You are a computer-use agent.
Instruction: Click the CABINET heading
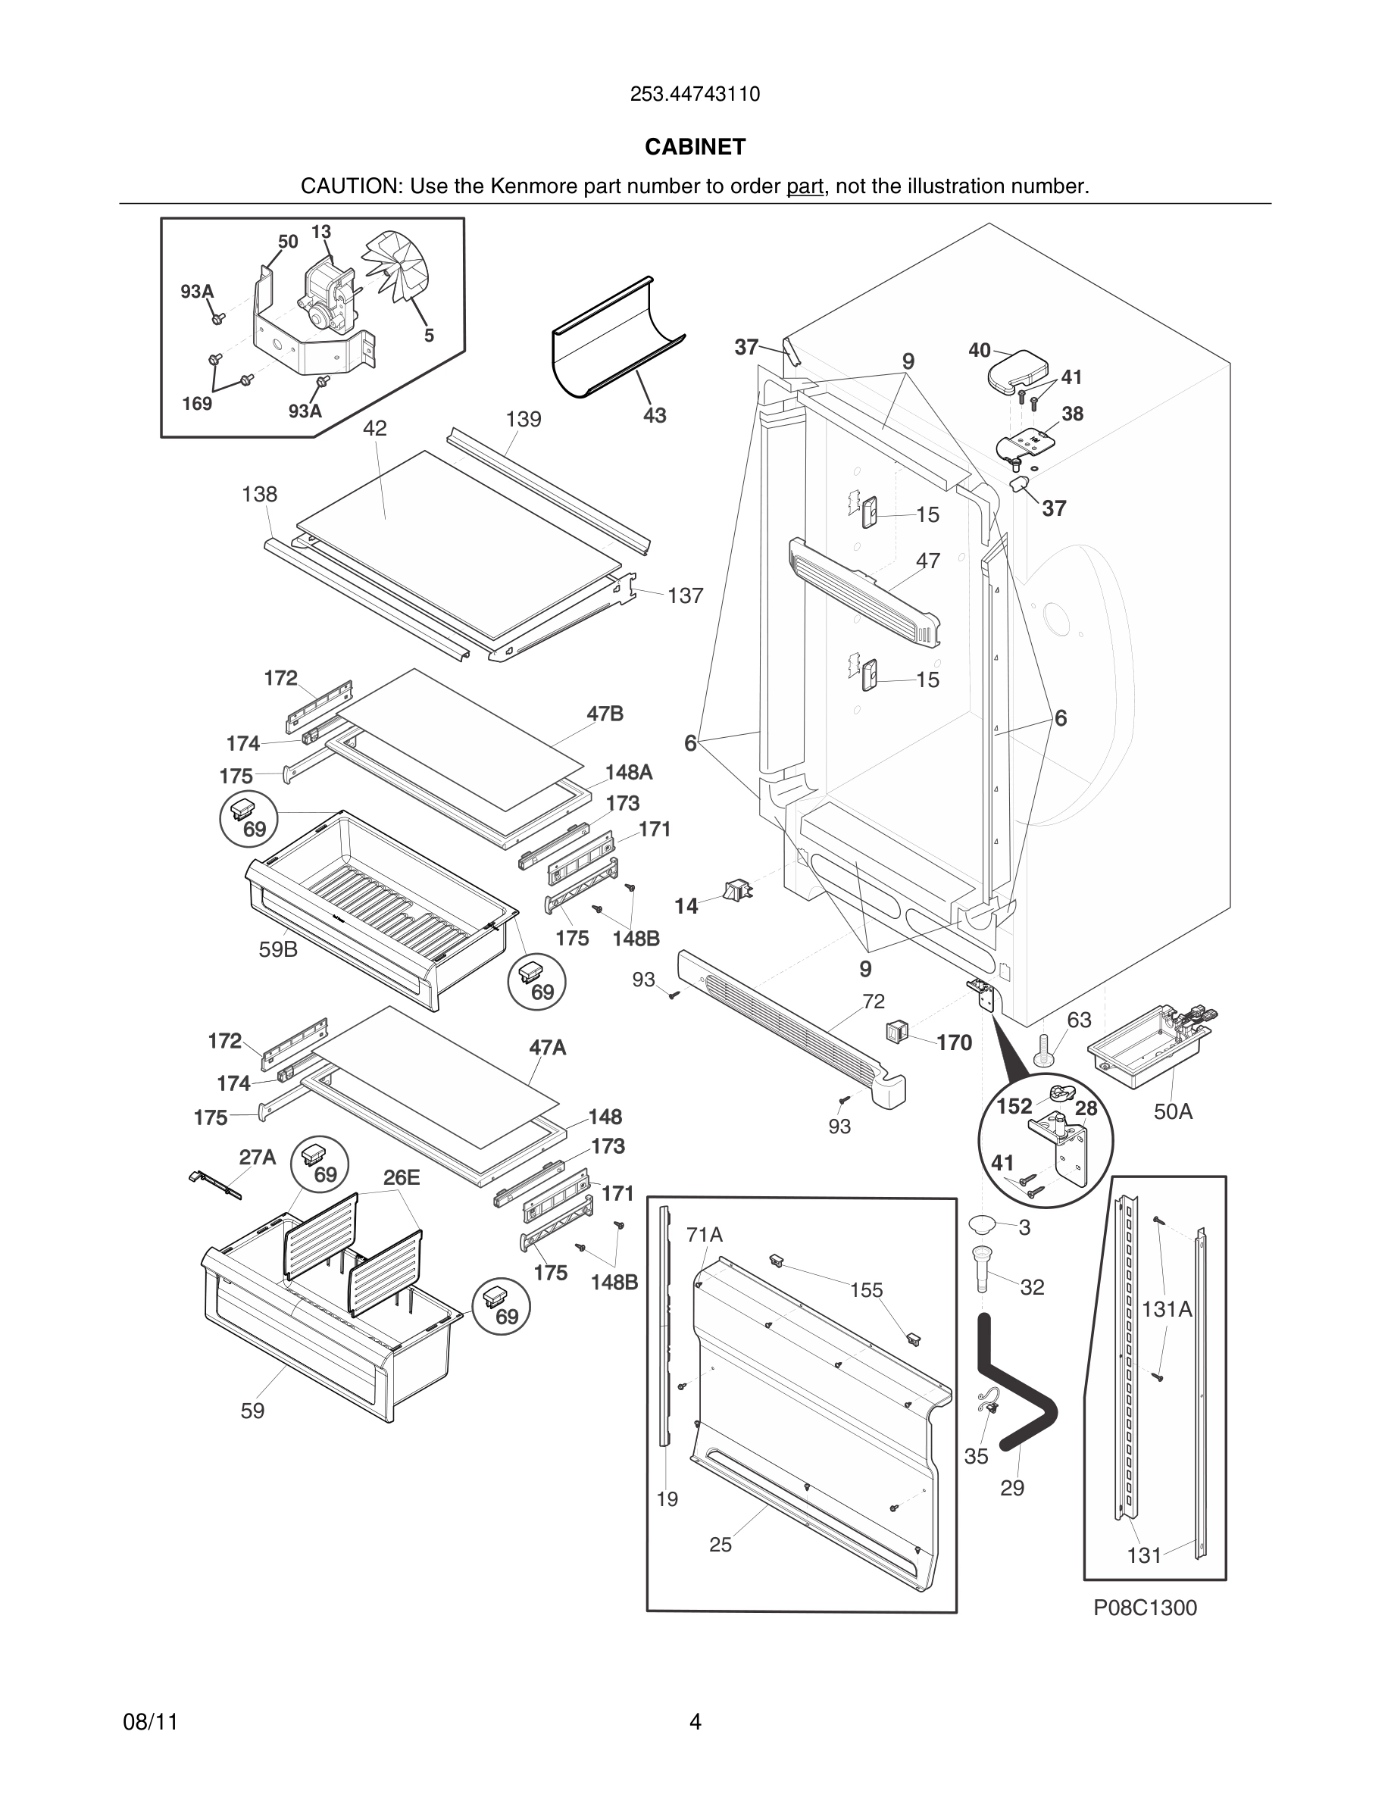(695, 147)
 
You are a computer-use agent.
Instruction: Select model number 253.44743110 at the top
(695, 95)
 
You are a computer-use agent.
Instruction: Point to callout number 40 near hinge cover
(979, 350)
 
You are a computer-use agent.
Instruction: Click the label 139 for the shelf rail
(524, 420)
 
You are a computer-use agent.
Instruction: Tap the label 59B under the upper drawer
(278, 949)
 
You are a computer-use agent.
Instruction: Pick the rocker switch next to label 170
(896, 1030)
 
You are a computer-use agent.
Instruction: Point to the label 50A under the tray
(1173, 1112)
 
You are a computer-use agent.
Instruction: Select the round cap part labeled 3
(983, 1223)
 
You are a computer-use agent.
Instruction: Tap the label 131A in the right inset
(1167, 1309)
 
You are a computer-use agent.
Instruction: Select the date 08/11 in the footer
(150, 1722)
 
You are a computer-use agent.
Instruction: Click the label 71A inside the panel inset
(705, 1235)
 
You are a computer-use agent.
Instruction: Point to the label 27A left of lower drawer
(257, 1157)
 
